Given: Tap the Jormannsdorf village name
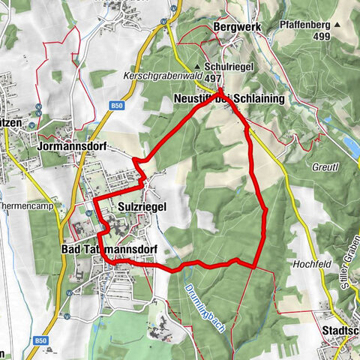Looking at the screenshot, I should tap(72, 147).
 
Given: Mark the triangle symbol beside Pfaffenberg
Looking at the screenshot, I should tap(337, 25).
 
